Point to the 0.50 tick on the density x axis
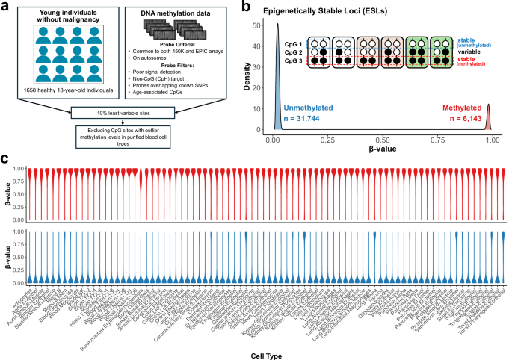(382, 140)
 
